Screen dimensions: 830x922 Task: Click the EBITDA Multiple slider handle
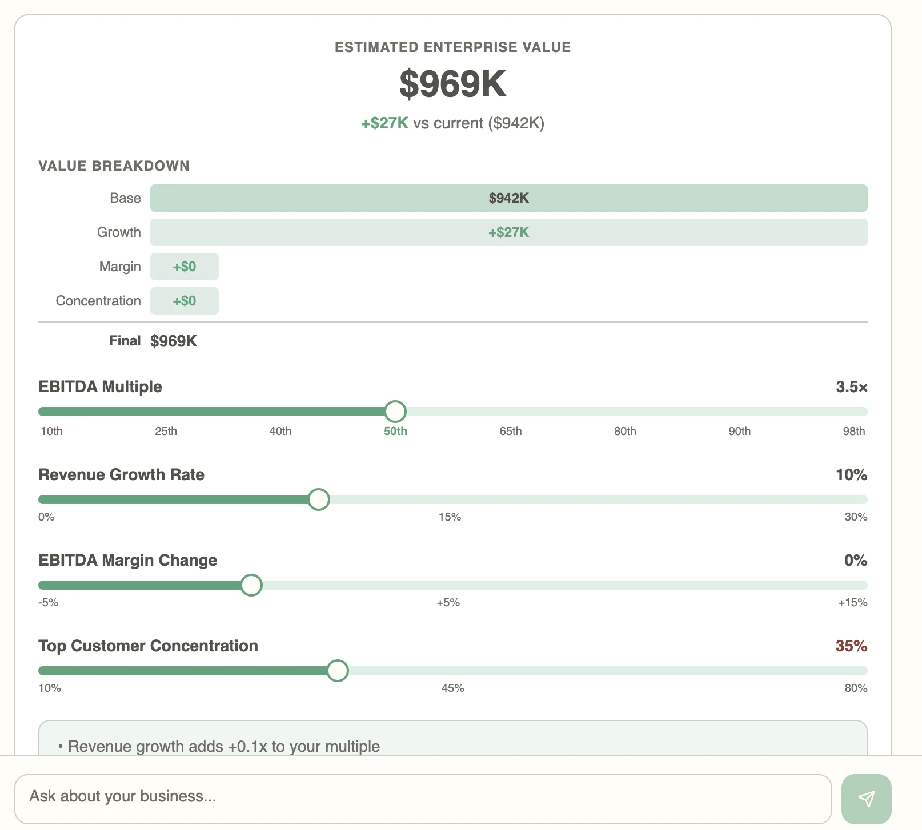point(395,411)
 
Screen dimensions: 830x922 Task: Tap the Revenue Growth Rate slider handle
point(319,499)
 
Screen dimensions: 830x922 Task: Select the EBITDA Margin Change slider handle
point(251,585)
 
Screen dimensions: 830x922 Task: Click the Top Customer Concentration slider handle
point(338,671)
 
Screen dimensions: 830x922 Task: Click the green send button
point(866,799)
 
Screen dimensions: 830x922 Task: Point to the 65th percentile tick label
point(510,431)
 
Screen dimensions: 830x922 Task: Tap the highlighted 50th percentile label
point(395,431)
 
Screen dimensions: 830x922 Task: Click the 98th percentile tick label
point(853,431)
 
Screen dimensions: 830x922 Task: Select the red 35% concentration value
point(851,646)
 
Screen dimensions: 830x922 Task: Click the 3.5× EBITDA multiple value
point(851,387)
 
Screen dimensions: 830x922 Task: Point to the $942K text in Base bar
point(508,198)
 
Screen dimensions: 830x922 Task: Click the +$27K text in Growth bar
point(508,232)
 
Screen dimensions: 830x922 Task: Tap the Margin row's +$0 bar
point(185,267)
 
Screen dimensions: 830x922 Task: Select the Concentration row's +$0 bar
point(185,301)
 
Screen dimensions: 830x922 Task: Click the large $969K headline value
point(452,84)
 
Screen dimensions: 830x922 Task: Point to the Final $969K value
point(174,341)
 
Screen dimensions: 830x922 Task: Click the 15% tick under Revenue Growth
point(450,517)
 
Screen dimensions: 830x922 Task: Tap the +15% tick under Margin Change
point(852,602)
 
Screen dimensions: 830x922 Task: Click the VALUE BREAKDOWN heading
point(114,166)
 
